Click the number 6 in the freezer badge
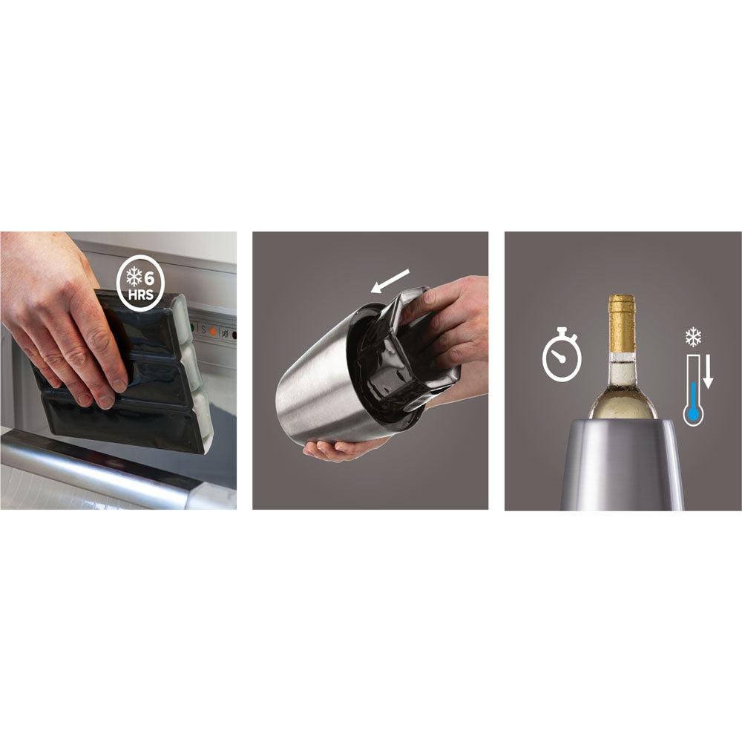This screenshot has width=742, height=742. click(x=149, y=278)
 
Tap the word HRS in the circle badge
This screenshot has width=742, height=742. click(x=141, y=295)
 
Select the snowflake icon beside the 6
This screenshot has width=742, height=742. click(x=134, y=277)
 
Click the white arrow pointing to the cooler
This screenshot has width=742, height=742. click(x=390, y=280)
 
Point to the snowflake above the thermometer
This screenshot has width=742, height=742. click(x=693, y=338)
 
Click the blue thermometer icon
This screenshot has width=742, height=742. click(x=694, y=390)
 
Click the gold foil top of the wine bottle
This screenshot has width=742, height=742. click(x=621, y=324)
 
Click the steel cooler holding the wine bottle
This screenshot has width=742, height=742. click(x=622, y=464)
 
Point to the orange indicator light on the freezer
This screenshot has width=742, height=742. click(x=213, y=331)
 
